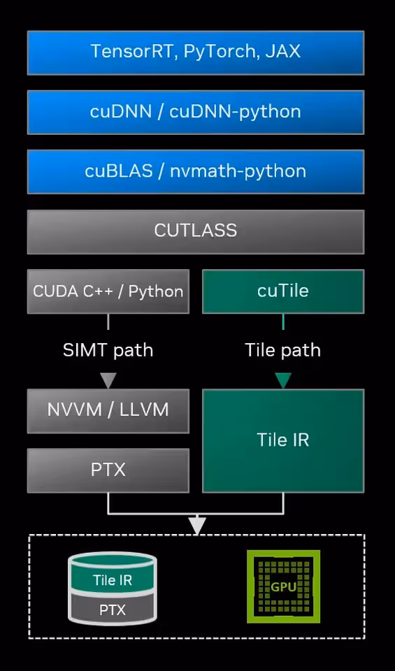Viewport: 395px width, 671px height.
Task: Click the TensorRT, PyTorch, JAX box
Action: click(x=196, y=52)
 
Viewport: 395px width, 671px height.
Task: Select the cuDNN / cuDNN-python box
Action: click(x=196, y=112)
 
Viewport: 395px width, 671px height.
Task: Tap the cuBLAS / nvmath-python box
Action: click(x=196, y=171)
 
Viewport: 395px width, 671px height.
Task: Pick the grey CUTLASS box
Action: click(x=196, y=231)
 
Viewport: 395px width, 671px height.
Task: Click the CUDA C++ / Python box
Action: click(x=108, y=291)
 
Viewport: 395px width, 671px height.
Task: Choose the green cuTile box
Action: click(x=283, y=291)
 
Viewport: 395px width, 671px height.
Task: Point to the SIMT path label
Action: click(x=108, y=350)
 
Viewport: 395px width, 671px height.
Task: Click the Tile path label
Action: click(x=283, y=350)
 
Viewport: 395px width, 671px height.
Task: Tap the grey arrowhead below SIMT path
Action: click(x=108, y=380)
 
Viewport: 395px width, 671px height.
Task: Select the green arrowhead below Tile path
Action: click(x=283, y=380)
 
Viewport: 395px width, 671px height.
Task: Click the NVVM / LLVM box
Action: click(x=108, y=410)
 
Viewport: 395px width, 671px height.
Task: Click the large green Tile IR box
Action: click(x=283, y=440)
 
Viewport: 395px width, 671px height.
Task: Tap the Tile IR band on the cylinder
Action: click(x=113, y=580)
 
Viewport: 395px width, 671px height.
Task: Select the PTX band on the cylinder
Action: click(x=113, y=610)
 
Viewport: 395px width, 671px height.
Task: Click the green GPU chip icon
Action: click(x=283, y=586)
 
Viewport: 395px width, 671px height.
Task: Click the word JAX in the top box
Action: click(x=283, y=52)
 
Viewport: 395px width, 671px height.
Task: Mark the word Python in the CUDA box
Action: click(x=156, y=291)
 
